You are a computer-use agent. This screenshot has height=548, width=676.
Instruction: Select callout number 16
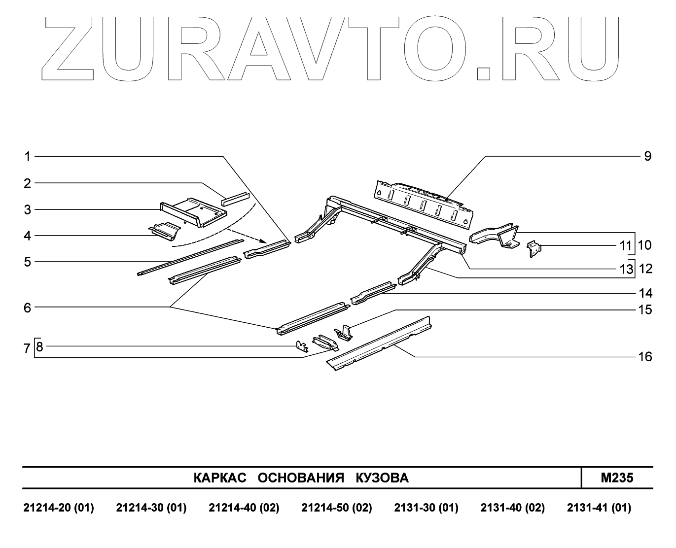645,356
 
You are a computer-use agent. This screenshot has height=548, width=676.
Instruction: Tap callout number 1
28,156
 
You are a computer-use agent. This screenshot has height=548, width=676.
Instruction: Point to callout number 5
28,262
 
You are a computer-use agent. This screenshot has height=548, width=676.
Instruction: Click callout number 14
645,293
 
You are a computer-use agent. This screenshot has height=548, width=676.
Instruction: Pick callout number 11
625,245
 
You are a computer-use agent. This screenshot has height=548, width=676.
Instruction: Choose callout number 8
40,346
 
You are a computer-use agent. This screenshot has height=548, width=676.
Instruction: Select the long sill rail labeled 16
380,345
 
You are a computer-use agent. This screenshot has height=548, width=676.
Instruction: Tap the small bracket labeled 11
533,248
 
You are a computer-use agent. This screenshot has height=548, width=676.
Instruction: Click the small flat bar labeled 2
236,198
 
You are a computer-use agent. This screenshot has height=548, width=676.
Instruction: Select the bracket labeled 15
345,333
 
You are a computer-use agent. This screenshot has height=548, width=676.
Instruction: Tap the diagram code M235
617,478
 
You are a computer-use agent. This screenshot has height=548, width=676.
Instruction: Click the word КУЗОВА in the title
382,478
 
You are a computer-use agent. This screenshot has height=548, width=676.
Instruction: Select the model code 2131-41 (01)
599,508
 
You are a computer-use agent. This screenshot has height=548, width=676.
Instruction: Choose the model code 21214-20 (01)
59,508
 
